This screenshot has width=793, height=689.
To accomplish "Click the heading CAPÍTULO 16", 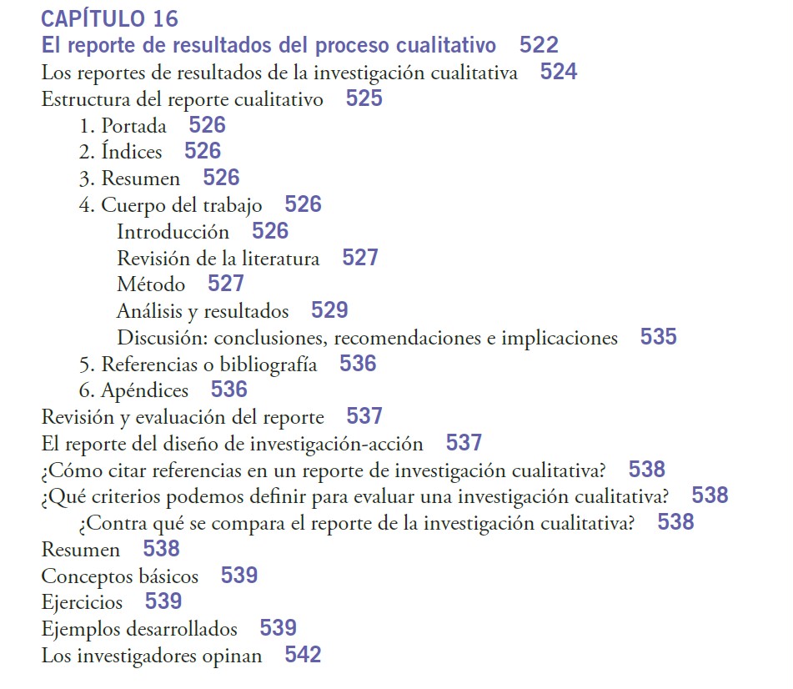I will (x=108, y=18).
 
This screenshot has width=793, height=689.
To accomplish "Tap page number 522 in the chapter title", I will (x=539, y=45).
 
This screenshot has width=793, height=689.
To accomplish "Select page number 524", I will (x=559, y=72).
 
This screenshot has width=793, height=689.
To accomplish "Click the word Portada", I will (x=133, y=126).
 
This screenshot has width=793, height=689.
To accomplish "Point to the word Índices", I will (x=132, y=152).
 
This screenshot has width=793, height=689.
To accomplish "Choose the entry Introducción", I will (x=173, y=231).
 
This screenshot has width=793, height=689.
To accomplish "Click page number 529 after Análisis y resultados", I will (x=329, y=311).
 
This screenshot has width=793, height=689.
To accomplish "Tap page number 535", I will (x=659, y=338).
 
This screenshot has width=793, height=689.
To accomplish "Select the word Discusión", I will (x=161, y=338).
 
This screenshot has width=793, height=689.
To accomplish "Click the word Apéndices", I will (x=144, y=390).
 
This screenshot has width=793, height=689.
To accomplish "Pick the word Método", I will (x=151, y=284).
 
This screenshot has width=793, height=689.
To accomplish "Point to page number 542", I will (x=303, y=656).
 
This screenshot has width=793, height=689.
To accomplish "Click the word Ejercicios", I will (x=82, y=602).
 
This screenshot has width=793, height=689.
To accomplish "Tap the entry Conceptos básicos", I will (x=120, y=576).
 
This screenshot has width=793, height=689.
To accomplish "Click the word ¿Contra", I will (x=109, y=523).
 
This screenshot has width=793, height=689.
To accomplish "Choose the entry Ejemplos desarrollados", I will (x=139, y=629).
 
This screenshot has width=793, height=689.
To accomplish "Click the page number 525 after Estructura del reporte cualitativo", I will (x=364, y=99).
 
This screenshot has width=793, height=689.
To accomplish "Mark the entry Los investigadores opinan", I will (x=151, y=656).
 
